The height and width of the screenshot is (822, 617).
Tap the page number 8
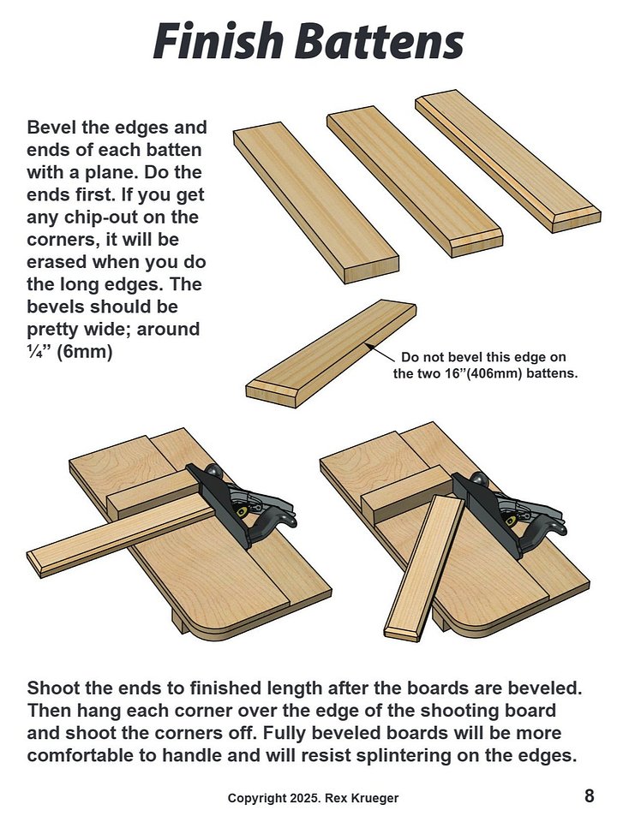pos(590,796)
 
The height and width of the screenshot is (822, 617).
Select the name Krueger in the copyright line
pos(378,798)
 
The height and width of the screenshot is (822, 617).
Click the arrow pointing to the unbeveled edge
pos(381,351)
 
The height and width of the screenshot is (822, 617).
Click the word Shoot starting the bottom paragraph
pos(55,688)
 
